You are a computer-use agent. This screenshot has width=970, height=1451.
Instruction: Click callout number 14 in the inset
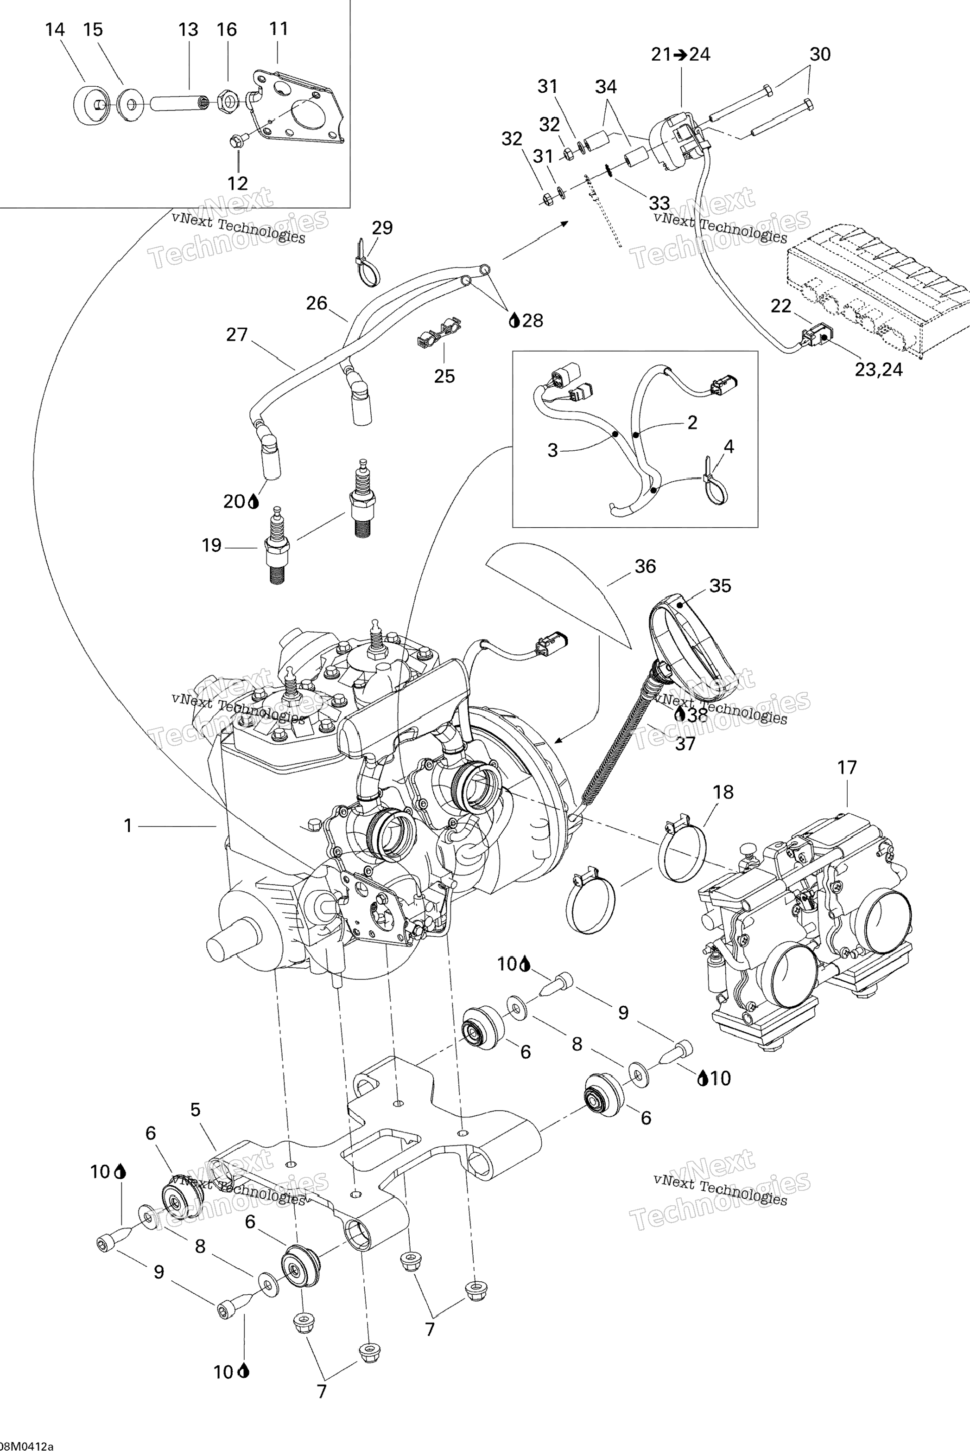click(x=55, y=29)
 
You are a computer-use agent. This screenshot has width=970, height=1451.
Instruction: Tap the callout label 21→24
click(x=680, y=54)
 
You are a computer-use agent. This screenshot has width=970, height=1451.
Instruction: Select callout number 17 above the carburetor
click(x=847, y=767)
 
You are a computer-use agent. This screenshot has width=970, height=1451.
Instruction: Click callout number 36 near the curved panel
click(x=645, y=566)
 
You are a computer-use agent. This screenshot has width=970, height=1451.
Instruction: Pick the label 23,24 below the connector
click(x=878, y=370)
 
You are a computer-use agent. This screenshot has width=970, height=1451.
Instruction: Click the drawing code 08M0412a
click(x=26, y=1446)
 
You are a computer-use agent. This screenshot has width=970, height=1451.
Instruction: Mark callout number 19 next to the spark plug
click(x=212, y=545)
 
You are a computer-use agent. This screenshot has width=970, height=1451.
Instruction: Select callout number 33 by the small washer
click(x=659, y=203)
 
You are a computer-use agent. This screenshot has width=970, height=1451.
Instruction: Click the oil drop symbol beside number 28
click(x=514, y=320)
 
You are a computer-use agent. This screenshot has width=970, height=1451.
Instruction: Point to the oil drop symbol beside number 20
click(x=253, y=501)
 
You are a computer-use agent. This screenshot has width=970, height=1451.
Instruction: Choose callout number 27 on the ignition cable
click(x=237, y=335)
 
